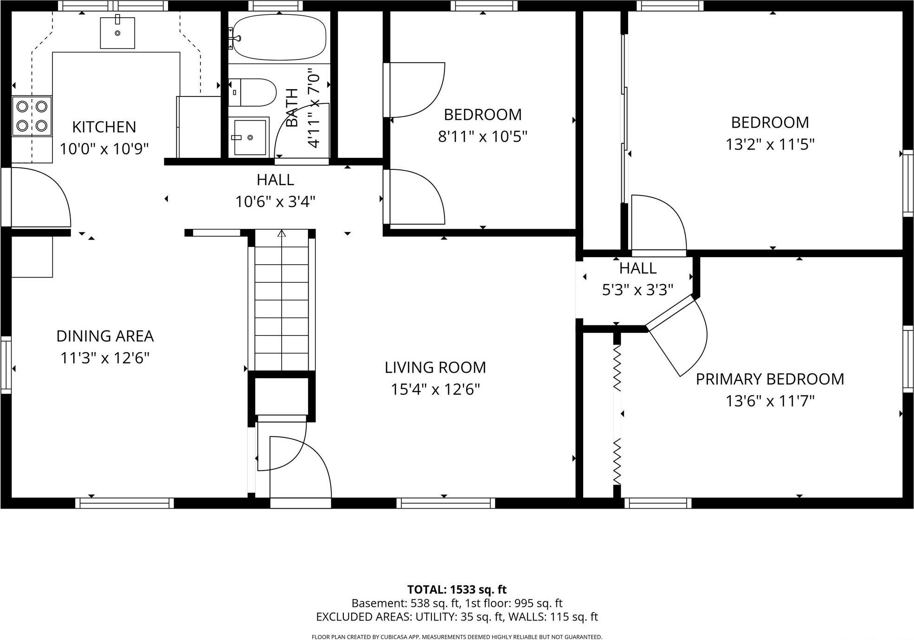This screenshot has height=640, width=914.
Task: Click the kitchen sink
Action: point(117,32)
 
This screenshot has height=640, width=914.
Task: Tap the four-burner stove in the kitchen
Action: point(32,116)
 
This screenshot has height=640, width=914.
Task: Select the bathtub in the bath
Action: point(278,37)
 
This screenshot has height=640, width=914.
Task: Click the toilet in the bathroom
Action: point(253,92)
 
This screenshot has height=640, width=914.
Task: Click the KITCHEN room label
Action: point(104,127)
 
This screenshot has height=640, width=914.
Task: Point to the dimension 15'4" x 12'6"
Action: point(435,389)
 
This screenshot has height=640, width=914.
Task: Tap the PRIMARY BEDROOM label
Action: point(769,379)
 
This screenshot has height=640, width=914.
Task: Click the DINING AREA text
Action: point(105,336)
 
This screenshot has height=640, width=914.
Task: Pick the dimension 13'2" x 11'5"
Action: point(770,144)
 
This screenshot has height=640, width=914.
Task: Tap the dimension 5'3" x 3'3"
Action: point(637,290)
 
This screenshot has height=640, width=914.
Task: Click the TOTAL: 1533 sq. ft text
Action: point(457,589)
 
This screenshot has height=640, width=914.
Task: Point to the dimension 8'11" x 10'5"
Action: point(483,136)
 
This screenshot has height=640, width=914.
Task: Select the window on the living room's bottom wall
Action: point(445,503)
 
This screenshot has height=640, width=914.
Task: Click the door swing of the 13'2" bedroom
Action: point(658,223)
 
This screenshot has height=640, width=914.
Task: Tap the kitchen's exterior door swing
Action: point(39,197)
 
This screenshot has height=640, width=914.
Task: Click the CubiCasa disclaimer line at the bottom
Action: point(457,637)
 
